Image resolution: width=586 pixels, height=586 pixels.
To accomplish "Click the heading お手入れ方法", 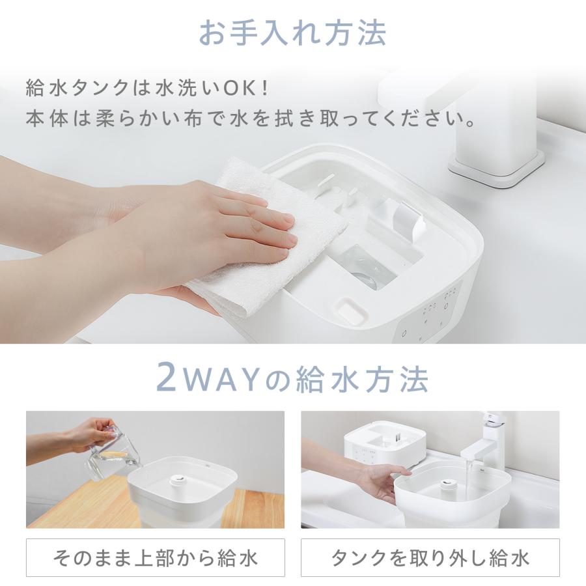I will (x=292, y=32).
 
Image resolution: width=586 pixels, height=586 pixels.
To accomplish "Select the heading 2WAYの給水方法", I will (x=292, y=378).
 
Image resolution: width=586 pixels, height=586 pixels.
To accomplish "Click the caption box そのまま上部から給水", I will (x=156, y=557).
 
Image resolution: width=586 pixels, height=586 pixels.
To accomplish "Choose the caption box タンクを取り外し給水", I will (x=430, y=557).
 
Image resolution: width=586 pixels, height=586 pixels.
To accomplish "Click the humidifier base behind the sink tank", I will (x=378, y=446).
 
